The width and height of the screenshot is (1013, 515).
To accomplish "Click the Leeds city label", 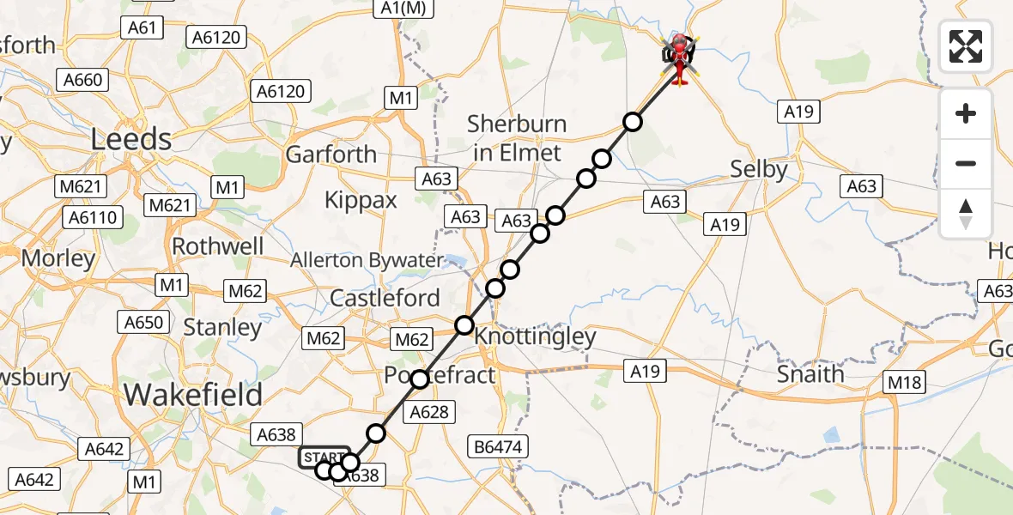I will click(x=132, y=138).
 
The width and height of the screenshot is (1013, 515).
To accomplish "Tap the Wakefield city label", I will click(x=193, y=394).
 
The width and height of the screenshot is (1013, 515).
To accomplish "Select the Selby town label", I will click(x=758, y=169).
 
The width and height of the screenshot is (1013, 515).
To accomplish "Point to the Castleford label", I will click(x=385, y=299).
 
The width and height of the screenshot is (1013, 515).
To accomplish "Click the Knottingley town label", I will click(x=535, y=336).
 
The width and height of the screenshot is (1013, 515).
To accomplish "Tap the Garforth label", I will click(x=331, y=154).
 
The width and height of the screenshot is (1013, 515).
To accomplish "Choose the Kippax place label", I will click(x=361, y=200).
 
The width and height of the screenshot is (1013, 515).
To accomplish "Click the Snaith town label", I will click(x=810, y=373).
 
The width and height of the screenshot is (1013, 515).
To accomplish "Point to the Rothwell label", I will click(x=218, y=246).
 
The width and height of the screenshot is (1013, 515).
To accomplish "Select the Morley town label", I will click(x=58, y=257).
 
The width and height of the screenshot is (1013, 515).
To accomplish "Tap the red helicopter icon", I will click(x=679, y=58).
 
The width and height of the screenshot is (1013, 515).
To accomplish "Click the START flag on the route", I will click(x=322, y=457).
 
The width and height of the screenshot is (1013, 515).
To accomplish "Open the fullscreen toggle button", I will click(x=966, y=46).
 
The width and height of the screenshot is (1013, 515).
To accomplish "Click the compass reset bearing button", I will click(x=966, y=214).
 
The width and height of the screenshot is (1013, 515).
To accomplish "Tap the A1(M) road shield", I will click(x=403, y=8).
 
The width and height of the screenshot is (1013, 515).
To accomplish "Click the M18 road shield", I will click(x=905, y=382).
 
